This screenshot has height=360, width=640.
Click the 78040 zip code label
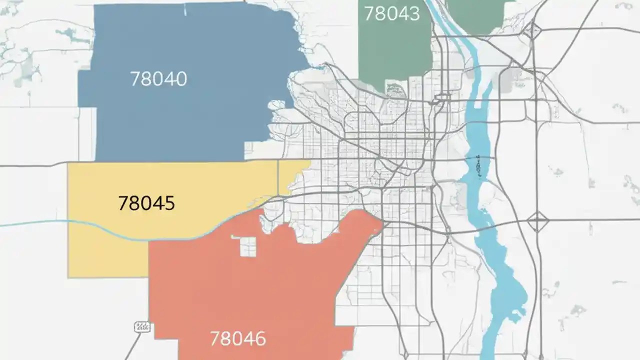click(158, 79)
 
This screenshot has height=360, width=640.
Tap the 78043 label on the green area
click(391, 13)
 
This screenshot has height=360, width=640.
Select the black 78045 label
click(146, 203)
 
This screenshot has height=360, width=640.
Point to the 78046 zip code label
click(238, 338)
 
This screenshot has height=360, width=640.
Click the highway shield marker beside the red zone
click(142, 327)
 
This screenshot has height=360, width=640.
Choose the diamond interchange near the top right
click(531, 30)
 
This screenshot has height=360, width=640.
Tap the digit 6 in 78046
click(258, 338)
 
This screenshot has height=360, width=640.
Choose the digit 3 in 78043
click(413, 13)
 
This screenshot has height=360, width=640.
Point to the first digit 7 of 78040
click(135, 79)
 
